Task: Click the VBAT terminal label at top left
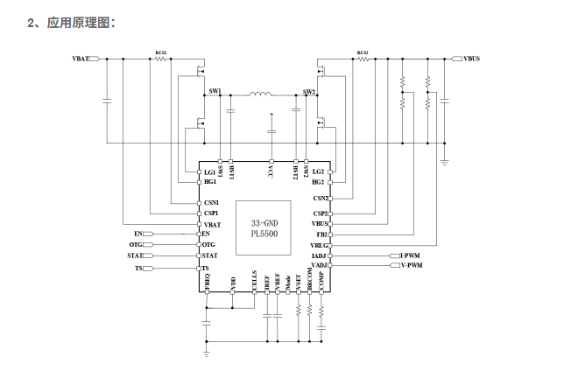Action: (81, 59)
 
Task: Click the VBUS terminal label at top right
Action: (471, 59)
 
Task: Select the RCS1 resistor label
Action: (161, 53)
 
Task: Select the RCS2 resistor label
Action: (362, 53)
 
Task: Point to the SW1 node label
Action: (215, 91)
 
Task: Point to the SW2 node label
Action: (308, 91)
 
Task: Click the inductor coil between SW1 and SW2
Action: (261, 95)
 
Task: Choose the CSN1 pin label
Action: (211, 203)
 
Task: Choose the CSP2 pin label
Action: (321, 213)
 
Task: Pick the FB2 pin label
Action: (322, 234)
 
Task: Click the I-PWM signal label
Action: (409, 255)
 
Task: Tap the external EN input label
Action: (138, 234)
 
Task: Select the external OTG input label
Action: (135, 245)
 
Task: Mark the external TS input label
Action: (138, 268)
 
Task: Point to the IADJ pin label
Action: (320, 255)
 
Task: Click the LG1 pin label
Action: (209, 171)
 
